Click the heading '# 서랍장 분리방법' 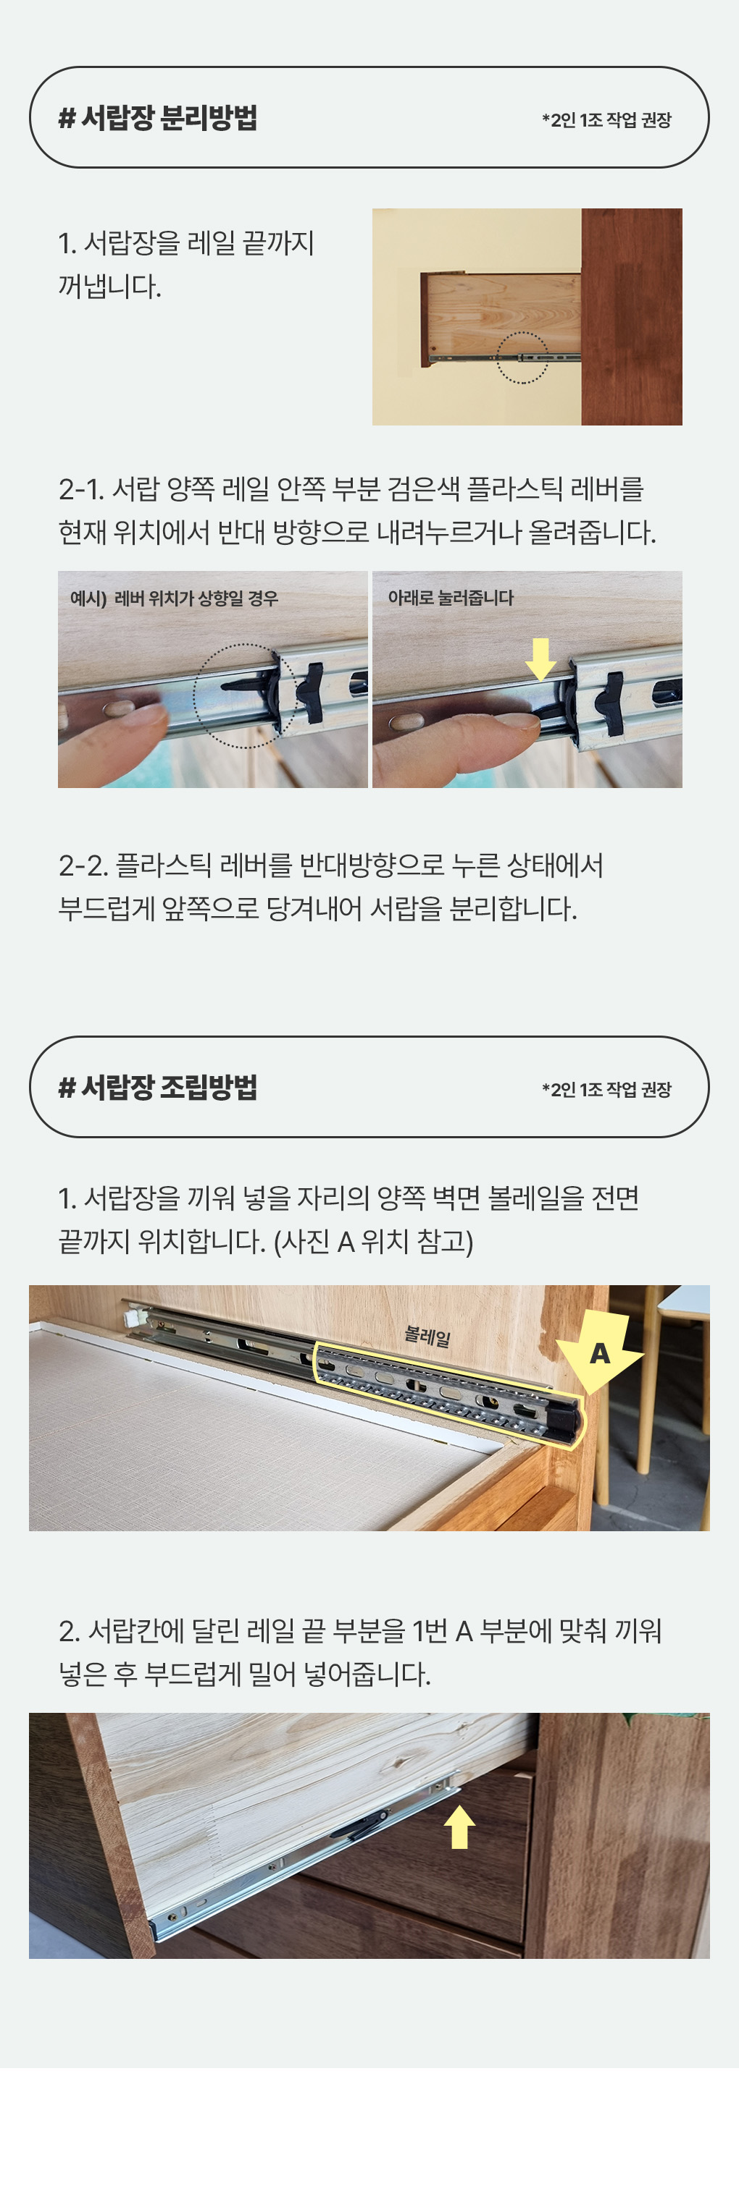coord(157,117)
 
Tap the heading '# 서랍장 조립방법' coord(157,1087)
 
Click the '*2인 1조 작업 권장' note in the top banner coord(606,120)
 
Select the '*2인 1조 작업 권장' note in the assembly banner coord(606,1089)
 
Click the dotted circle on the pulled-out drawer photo coord(522,357)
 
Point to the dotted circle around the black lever coord(245,695)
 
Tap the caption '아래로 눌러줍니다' coord(451,598)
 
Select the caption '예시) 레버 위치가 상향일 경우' coord(175,598)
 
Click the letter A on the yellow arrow coord(600,1352)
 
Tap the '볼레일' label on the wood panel coord(427,1336)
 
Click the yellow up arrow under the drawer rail coord(460,1826)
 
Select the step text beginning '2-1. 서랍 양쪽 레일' coord(351,488)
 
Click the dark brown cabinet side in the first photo coord(631,316)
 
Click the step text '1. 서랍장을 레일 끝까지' coord(186,243)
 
